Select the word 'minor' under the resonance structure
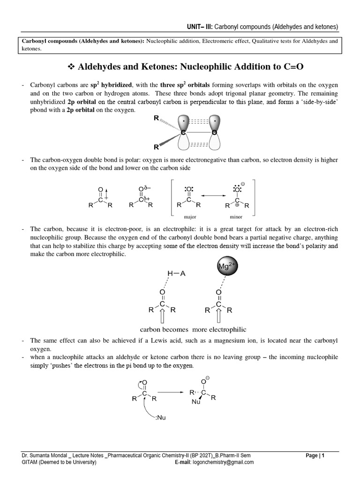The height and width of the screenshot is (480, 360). point(236,217)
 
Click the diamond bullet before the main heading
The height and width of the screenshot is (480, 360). point(71,67)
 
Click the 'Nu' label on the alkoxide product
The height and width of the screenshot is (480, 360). point(195,402)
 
